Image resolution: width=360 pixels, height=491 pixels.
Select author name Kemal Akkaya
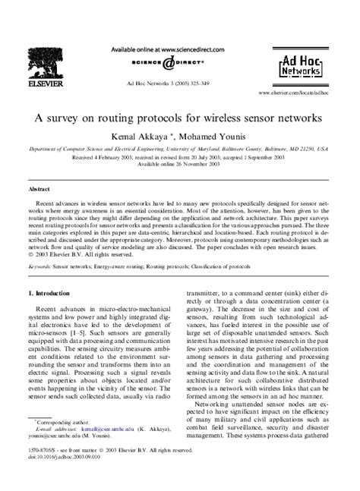pyautogui.click(x=141, y=137)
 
